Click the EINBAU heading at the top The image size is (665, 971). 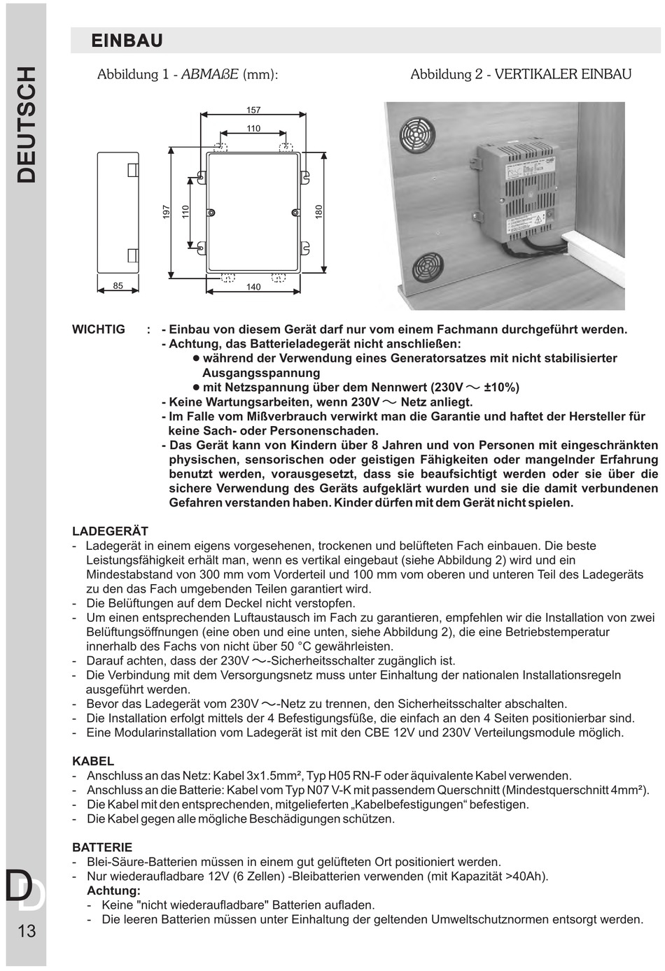click(x=127, y=41)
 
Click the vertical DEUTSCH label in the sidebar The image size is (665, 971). click(x=26, y=125)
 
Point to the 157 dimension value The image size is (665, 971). click(x=253, y=110)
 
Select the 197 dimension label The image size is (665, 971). click(x=167, y=212)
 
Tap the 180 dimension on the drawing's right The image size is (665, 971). click(x=319, y=212)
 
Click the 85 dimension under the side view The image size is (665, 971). click(x=118, y=285)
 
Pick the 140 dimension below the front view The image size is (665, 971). click(x=253, y=287)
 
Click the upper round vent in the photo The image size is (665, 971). click(x=417, y=135)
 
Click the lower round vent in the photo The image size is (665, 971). click(x=427, y=268)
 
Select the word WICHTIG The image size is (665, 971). click(x=99, y=329)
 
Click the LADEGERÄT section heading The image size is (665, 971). click(x=110, y=532)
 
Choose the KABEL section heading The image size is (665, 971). click(x=93, y=761)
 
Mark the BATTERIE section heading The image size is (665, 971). click(x=102, y=847)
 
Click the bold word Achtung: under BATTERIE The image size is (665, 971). click(x=113, y=891)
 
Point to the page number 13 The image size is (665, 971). click(x=27, y=931)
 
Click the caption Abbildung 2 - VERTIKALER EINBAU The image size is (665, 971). click(x=521, y=74)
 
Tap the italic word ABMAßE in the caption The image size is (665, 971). click(x=210, y=74)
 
